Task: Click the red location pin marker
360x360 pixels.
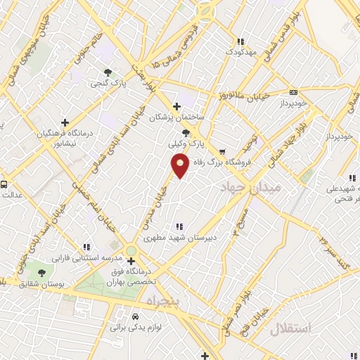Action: pyautogui.click(x=181, y=165)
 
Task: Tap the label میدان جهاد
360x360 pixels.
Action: pyautogui.click(x=250, y=188)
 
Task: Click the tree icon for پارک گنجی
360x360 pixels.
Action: pyautogui.click(x=108, y=72)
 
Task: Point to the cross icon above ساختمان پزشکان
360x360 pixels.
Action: pyautogui.click(x=176, y=106)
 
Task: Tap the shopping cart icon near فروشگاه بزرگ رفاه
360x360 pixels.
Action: pyautogui.click(x=221, y=150)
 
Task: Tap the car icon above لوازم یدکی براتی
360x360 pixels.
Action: pyautogui.click(x=136, y=316)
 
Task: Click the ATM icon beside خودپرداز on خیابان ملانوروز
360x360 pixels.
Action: pyautogui.click(x=293, y=92)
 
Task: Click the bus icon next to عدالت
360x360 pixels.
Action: pyautogui.click(x=4, y=184)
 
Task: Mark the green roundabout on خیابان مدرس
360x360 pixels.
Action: pyautogui.click(x=131, y=251)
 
